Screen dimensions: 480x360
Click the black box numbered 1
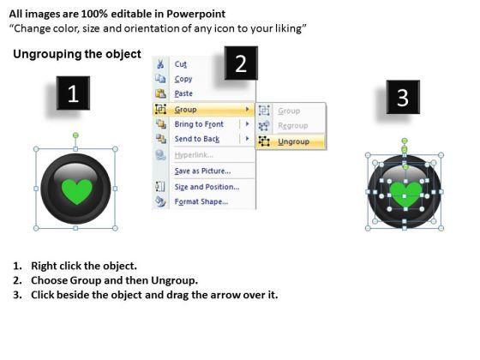(x=73, y=93)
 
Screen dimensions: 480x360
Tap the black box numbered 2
(x=241, y=63)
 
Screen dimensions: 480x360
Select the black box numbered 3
(x=403, y=97)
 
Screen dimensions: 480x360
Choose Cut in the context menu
(x=180, y=64)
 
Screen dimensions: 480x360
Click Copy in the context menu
(x=183, y=79)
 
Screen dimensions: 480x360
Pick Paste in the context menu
(x=183, y=93)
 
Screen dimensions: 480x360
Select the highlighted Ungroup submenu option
(x=293, y=141)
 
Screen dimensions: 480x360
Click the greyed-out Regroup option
(x=293, y=125)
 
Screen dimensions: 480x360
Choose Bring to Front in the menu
(x=199, y=124)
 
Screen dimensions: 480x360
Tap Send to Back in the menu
(x=197, y=139)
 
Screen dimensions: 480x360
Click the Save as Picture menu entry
(x=202, y=171)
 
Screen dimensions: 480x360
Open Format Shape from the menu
(x=201, y=201)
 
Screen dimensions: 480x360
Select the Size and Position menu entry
(x=207, y=187)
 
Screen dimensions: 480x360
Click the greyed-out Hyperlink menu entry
(x=194, y=155)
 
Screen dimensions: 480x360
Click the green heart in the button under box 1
(x=77, y=191)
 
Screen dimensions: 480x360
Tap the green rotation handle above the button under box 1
(x=75, y=135)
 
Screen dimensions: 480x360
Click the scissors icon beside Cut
(x=160, y=63)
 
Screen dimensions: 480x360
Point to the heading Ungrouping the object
(x=77, y=54)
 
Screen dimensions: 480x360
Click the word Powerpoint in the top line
(x=196, y=14)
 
